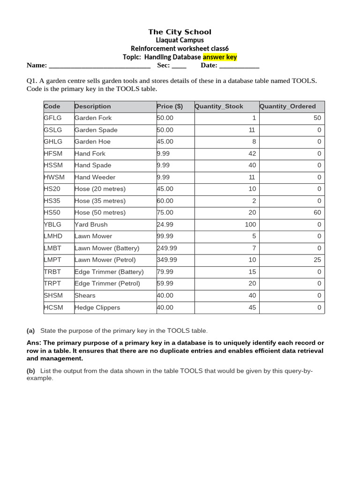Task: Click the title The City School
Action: click(180, 32)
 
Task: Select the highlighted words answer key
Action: click(220, 57)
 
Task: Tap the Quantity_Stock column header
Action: click(219, 106)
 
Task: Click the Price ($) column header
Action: click(170, 106)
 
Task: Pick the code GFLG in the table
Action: click(52, 118)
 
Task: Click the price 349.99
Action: click(167, 260)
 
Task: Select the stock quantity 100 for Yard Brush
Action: click(250, 225)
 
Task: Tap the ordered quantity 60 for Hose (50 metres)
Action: click(317, 212)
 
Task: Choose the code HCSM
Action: click(53, 307)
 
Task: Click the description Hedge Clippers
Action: click(97, 307)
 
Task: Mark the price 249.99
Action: click(167, 248)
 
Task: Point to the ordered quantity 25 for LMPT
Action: click(317, 260)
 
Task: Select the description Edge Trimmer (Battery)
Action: click(109, 272)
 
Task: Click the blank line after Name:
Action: click(99, 66)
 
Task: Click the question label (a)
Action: click(30, 331)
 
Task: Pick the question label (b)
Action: click(30, 371)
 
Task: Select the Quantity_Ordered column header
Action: click(288, 106)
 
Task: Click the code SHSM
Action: click(53, 295)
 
